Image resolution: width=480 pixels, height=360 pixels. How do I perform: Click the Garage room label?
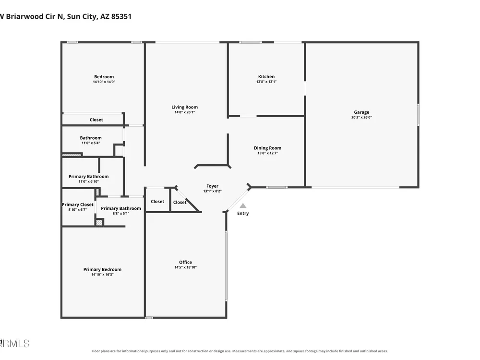[361, 112]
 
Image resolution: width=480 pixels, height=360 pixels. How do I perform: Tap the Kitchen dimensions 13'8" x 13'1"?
[266, 82]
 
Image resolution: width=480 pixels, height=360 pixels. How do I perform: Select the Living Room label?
[185, 107]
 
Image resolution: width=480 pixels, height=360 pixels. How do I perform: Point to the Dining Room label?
[267, 148]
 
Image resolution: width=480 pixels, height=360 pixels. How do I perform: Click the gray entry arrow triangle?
[243, 206]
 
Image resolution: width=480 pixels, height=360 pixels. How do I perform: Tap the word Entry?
[243, 214]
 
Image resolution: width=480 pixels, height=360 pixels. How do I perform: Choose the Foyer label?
[213, 186]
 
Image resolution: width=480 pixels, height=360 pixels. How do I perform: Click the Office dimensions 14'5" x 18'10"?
[185, 267]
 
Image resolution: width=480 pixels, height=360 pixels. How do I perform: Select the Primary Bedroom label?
[102, 269]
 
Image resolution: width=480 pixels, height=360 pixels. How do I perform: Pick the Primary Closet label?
[78, 204]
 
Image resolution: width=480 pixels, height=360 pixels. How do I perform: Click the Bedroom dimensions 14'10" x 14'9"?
[104, 82]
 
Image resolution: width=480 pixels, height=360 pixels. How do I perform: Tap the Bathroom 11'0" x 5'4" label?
[91, 140]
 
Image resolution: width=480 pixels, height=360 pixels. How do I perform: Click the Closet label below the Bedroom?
[96, 120]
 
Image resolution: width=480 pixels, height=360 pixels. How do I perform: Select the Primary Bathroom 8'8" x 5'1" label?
[121, 211]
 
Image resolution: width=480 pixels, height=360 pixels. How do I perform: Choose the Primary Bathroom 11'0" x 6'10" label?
[88, 179]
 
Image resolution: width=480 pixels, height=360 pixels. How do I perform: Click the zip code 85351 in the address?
[121, 16]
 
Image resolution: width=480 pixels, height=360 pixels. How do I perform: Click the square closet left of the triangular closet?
[157, 200]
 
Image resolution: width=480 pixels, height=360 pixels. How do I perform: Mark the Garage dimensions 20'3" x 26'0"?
[361, 117]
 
